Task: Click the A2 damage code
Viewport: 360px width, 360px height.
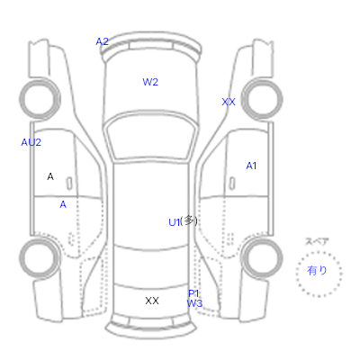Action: point(102,41)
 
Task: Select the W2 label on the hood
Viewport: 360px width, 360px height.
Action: point(150,82)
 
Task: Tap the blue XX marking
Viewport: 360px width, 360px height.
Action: point(229,102)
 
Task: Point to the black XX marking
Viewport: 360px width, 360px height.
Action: point(152,301)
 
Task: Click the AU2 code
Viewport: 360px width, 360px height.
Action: point(31,142)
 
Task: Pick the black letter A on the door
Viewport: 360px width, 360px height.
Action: point(50,176)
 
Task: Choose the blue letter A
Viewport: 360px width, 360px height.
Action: point(63,204)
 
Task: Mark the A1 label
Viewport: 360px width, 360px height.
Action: point(251,166)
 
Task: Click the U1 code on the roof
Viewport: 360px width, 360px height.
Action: point(175,222)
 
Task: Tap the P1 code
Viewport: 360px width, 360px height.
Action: point(193,293)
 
